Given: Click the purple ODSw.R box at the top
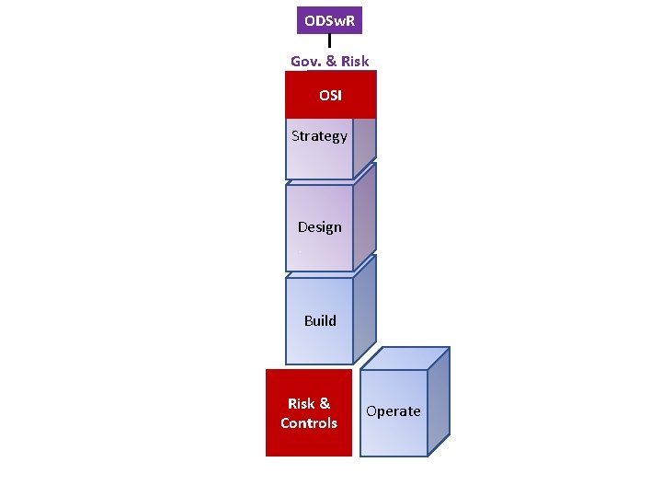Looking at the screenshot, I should [329, 19].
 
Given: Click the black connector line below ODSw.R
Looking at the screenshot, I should [329, 41].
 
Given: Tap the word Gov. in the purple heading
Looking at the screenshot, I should [306, 62].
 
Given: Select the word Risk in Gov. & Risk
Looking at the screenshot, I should [354, 62].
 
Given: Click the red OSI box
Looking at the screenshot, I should [330, 95].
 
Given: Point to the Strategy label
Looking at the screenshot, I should [319, 136].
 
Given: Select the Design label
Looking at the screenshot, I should [319, 227].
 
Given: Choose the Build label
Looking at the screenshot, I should [320, 321].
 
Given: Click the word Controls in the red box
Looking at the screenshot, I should [309, 423].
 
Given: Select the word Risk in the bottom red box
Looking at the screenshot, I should [302, 404].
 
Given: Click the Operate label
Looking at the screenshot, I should [394, 411].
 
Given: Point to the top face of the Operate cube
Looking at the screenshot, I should [405, 358].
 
